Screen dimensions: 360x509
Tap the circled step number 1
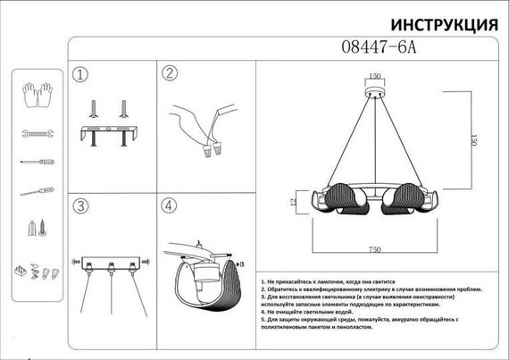tap(81, 74)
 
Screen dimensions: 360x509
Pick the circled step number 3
tap(81, 206)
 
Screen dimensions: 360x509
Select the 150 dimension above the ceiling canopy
tap(376, 76)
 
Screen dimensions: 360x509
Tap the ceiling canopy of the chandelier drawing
tap(376, 92)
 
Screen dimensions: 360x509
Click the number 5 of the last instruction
tap(263, 319)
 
